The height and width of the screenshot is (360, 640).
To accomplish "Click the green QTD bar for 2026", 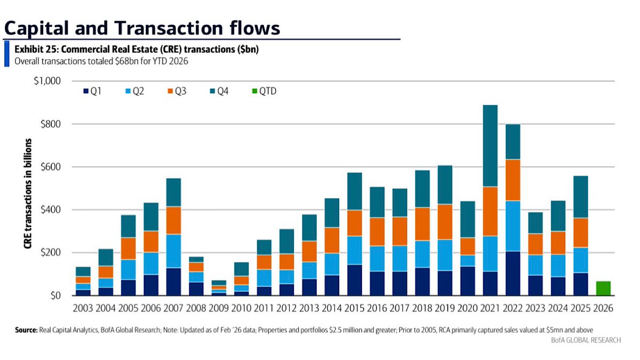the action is (x=603, y=289).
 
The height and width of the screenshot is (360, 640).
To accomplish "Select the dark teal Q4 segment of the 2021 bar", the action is (x=490, y=146).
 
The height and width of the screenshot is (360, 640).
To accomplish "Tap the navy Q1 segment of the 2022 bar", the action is (x=513, y=274).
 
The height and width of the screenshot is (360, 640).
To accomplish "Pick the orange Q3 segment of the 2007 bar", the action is (x=174, y=221).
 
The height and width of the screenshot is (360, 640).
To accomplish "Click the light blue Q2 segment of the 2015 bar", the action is (x=355, y=250).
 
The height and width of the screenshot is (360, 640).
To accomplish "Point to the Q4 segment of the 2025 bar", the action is (x=581, y=197).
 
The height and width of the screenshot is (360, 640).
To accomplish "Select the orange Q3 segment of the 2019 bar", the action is (x=445, y=222).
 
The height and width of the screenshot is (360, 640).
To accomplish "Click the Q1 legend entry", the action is (x=92, y=91).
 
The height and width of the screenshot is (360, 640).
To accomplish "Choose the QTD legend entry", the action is (x=265, y=91).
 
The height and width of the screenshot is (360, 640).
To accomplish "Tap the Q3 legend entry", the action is (x=177, y=91).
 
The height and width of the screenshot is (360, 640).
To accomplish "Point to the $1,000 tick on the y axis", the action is (x=47, y=81).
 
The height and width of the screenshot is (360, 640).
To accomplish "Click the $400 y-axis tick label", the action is (x=51, y=210).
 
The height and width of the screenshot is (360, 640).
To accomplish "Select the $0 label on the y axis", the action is (x=55, y=295).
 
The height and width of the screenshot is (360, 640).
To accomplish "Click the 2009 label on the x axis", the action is (x=219, y=308).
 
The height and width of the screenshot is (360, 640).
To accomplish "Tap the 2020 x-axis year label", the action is (x=467, y=308).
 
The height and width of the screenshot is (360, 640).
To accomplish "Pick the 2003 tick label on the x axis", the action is (x=83, y=308).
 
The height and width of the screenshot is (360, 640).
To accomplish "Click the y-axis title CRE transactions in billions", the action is (x=28, y=194).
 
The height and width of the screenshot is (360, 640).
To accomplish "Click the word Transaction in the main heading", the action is (x=169, y=28).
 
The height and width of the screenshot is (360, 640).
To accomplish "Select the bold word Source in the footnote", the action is (x=26, y=330).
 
